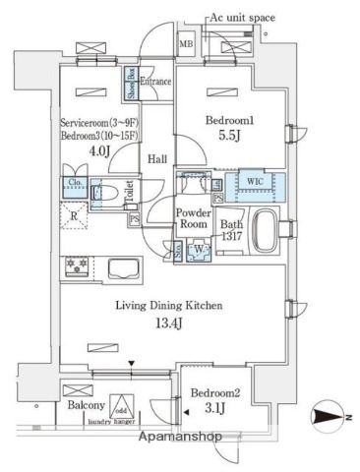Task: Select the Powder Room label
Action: [193, 218]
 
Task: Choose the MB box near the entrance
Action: [185, 44]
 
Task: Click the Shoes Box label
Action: [130, 82]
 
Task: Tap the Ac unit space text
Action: [241, 18]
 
